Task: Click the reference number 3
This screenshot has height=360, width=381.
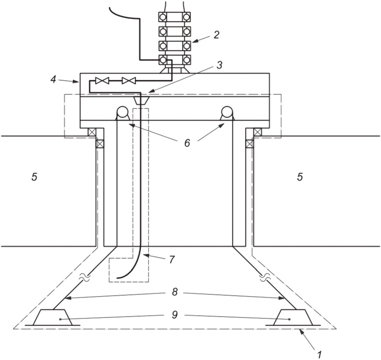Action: point(219,65)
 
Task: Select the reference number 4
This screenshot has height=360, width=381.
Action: point(53,80)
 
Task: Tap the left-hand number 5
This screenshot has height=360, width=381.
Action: point(34,177)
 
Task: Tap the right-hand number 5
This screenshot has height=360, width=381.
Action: point(300,177)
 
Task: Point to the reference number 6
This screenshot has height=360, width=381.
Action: point(187,143)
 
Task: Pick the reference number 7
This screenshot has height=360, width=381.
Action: point(172,260)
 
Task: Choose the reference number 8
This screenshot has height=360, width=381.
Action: point(175,292)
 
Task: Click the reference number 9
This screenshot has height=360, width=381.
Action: point(175,315)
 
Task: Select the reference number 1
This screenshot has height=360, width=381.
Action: point(319,354)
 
